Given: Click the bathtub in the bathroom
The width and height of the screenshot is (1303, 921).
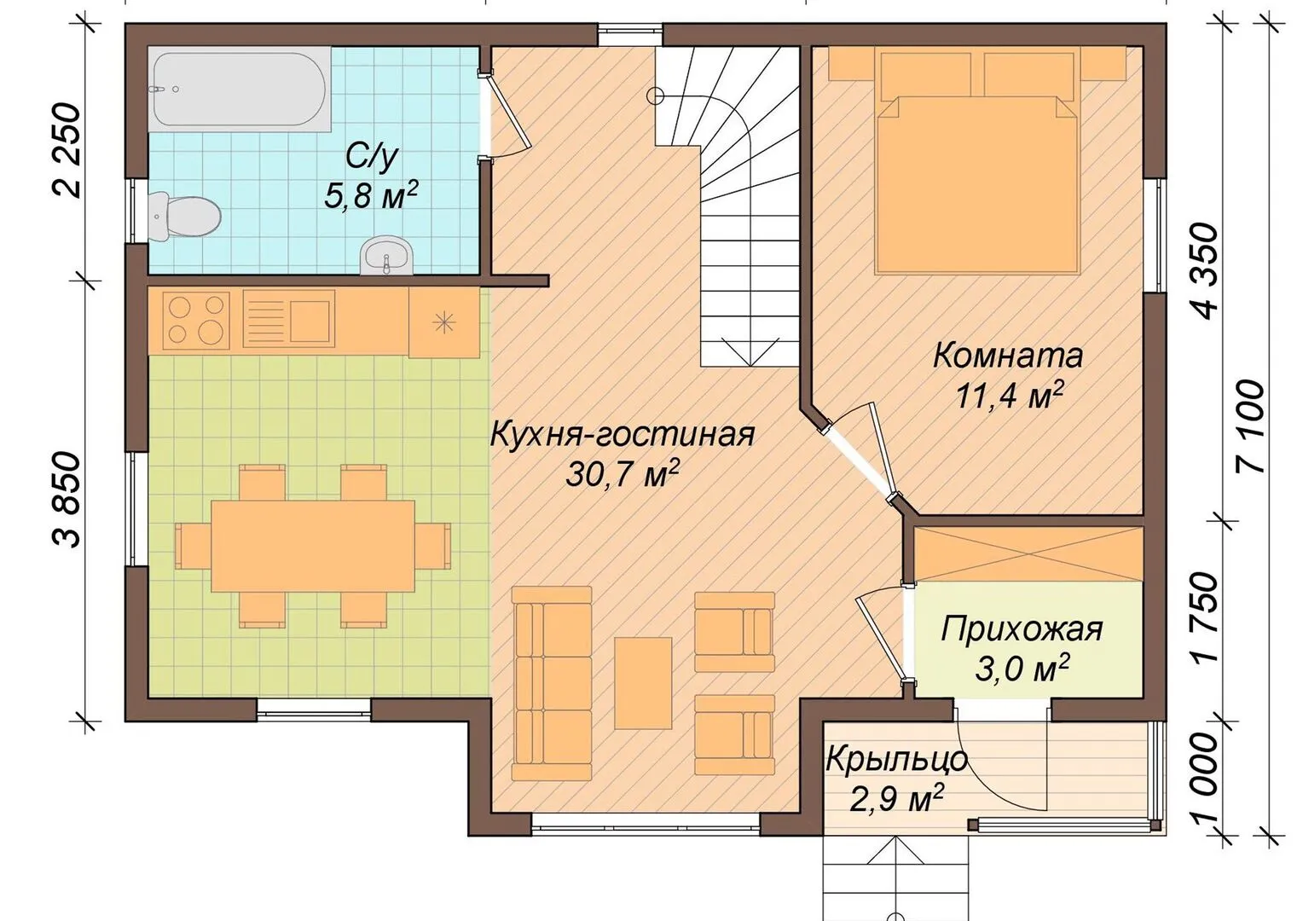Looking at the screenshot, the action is point(239,88).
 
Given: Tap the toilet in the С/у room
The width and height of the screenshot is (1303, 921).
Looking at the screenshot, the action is point(184,216).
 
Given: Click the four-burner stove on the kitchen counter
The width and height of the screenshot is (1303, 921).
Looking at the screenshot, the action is point(196,320).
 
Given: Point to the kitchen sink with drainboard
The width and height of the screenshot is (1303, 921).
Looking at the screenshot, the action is point(289,319).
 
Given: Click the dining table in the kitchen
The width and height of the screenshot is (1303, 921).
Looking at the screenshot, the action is point(313,546).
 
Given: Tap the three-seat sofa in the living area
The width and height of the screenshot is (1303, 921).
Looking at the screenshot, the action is point(552,683).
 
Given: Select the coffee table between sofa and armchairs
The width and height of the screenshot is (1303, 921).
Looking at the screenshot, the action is point(643,683).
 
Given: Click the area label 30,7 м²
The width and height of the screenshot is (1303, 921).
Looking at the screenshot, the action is point(623,475).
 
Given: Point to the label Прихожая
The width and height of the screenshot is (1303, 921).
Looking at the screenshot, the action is point(1022,629).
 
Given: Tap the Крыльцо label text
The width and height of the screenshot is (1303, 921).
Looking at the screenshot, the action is point(896,759).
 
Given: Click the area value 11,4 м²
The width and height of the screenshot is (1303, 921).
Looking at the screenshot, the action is point(1011,397).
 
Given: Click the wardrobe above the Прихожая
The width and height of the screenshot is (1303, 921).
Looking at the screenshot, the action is point(1028,554).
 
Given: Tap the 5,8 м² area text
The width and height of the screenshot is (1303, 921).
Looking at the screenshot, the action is point(371,195).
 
